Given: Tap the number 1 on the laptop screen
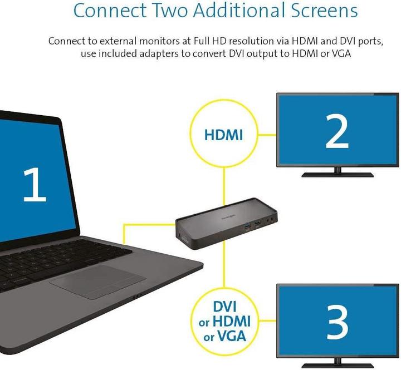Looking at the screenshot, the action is click(x=35, y=184).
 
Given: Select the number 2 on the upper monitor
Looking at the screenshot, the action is click(x=337, y=131).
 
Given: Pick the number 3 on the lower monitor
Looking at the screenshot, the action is click(x=337, y=323).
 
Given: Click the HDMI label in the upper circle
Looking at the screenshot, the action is click(x=223, y=135).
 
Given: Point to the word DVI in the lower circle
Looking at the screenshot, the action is click(x=225, y=307).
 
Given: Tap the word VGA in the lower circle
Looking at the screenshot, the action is click(x=231, y=336).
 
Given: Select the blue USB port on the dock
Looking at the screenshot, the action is click(x=247, y=226).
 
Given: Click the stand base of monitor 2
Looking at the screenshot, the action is click(x=338, y=175).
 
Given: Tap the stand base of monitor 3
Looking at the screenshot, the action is click(x=338, y=366).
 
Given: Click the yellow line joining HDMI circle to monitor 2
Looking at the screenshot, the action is click(x=267, y=135).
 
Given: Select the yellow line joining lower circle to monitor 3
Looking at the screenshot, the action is click(x=267, y=320).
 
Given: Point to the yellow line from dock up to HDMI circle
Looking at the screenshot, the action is click(x=224, y=186).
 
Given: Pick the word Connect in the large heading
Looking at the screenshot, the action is click(x=110, y=11).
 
